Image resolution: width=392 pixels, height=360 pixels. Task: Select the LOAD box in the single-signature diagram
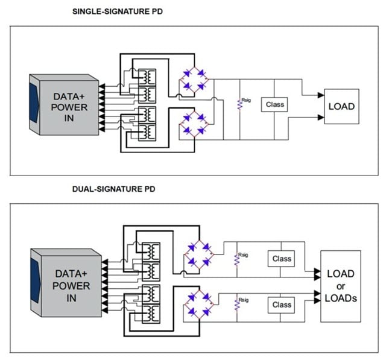click(341, 107)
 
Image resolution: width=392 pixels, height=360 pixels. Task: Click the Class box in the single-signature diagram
click(274, 104)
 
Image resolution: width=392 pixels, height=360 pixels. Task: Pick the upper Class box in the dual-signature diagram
click(282, 259)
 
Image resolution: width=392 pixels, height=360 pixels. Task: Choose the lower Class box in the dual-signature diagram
click(282, 305)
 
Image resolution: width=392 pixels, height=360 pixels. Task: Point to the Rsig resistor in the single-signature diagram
click(239, 104)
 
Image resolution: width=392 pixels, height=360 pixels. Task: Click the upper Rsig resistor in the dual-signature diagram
click(237, 259)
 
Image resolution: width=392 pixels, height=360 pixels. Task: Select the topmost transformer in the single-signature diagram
click(147, 77)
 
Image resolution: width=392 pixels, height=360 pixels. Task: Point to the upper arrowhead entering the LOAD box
click(320, 95)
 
